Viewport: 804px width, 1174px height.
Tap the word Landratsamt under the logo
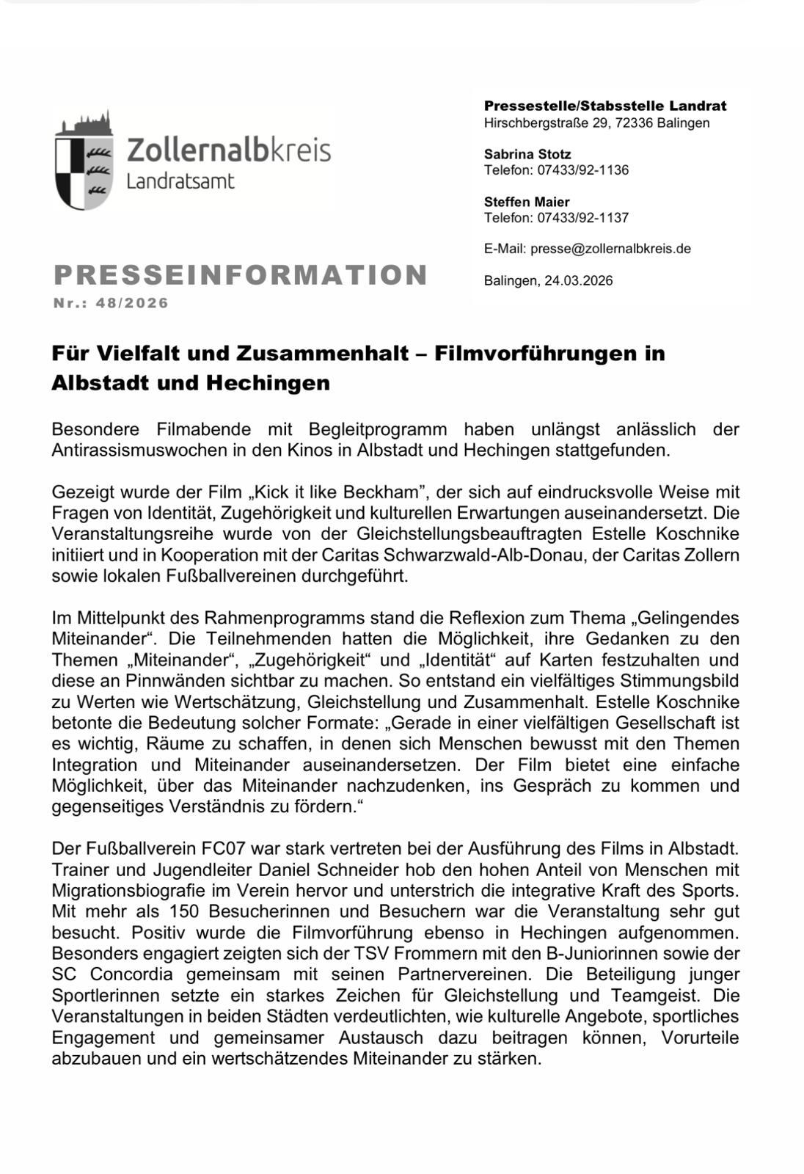tap(180, 181)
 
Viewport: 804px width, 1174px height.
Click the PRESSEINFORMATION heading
tap(241, 275)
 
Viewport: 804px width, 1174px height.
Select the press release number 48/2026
tap(132, 303)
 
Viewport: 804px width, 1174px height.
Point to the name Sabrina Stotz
tap(527, 154)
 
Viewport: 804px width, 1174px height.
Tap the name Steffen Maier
tap(526, 202)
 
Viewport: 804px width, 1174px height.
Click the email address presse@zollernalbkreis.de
tap(610, 249)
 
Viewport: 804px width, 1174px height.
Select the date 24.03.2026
tap(578, 280)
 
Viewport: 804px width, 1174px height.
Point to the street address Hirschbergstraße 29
tap(546, 123)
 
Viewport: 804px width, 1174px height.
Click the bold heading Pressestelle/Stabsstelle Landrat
tap(604, 106)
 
